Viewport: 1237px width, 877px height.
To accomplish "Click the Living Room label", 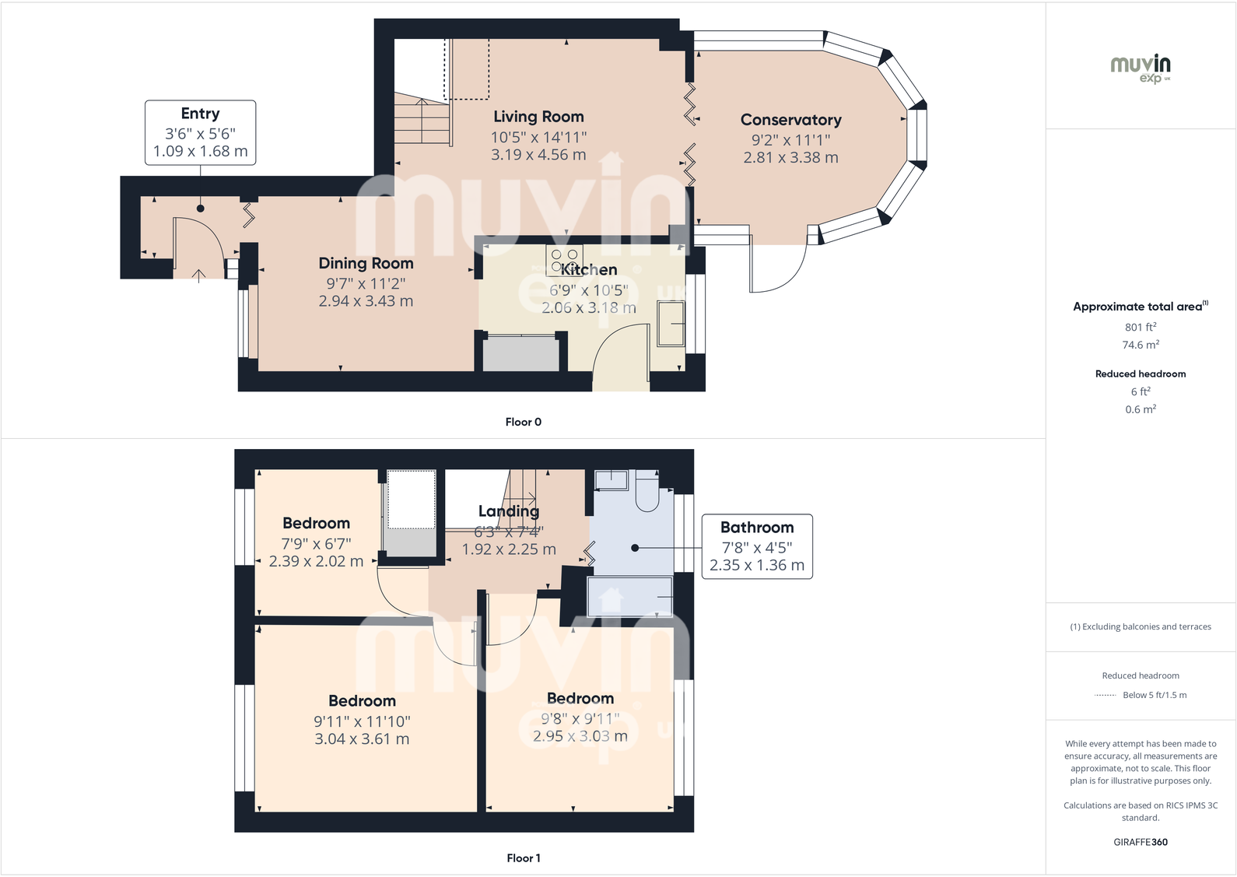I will point(538,117).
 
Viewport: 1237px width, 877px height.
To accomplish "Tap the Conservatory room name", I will point(790,120).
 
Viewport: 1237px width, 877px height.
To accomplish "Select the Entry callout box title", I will point(200,114).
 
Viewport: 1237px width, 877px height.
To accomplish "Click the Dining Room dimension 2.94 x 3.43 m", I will point(366,301).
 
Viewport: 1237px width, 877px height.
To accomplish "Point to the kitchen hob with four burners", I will point(564,260).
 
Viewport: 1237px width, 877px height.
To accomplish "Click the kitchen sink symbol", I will point(671,324).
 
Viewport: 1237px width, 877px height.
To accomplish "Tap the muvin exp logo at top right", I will point(1141,68).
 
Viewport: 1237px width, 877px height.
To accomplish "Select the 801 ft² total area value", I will point(1141,328).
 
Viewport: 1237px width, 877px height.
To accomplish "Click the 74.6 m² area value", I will point(1141,345).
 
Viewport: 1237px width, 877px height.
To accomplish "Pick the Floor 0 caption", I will point(523,422).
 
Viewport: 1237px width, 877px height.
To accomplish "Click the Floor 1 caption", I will point(523,858).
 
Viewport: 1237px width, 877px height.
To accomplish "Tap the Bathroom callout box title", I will point(757,528).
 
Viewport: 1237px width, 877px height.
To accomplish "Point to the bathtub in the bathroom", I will point(630,597).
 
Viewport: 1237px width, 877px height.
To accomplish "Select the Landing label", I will point(508,511).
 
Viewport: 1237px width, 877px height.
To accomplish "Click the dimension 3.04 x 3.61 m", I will point(362,739).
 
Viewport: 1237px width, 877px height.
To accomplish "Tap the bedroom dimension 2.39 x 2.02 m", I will point(316,561).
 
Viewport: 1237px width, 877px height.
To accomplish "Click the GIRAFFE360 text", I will point(1141,842).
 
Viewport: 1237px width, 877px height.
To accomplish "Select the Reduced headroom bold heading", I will point(1141,374).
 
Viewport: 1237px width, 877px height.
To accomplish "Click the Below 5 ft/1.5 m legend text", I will point(1155,695).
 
